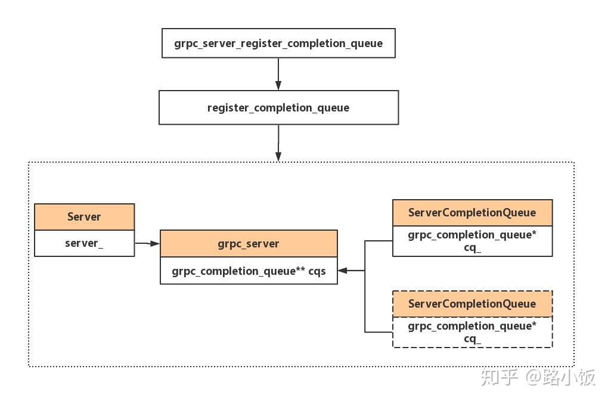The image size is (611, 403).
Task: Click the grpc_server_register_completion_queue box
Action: (278, 44)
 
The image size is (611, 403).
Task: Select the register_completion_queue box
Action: (278, 108)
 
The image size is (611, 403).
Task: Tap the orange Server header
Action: (84, 217)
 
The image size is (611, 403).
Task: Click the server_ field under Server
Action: (84, 243)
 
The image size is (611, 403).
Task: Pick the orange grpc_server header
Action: (249, 243)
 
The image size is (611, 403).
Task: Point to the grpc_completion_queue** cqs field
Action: (249, 271)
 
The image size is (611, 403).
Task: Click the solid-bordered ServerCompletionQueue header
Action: (472, 213)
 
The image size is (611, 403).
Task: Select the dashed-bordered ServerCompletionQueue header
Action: (472, 304)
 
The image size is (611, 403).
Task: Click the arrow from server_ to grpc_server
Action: (147, 243)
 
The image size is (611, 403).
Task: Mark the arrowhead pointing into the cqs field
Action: (343, 271)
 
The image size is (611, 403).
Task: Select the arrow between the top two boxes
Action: (278, 74)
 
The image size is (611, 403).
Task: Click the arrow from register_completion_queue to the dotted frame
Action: (278, 142)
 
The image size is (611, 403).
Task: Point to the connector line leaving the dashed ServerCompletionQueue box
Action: (379, 332)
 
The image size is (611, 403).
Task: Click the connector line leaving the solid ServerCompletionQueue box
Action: (379, 241)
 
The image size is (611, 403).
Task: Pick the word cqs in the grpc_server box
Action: (317, 272)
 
